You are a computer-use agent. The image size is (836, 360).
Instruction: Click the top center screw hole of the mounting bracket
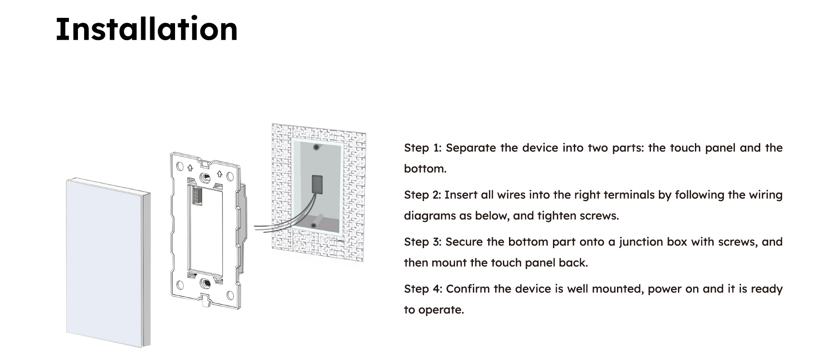pyautogui.click(x=205, y=177)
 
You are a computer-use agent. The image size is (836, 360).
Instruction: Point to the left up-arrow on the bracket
pyautogui.click(x=190, y=168)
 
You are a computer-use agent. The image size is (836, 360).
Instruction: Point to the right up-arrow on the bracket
pyautogui.click(x=219, y=174)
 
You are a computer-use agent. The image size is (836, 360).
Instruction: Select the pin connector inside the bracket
pyautogui.click(x=195, y=197)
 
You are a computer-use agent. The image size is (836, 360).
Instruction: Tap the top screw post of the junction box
pyautogui.click(x=317, y=148)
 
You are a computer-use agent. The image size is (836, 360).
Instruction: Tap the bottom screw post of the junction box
pyautogui.click(x=313, y=225)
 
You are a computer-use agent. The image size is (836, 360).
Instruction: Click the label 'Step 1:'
pyautogui.click(x=423, y=148)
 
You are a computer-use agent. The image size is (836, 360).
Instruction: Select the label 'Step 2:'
pyautogui.click(x=423, y=195)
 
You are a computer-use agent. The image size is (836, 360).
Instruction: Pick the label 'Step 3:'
pyautogui.click(x=423, y=242)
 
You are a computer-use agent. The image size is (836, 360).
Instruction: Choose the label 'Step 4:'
pyautogui.click(x=423, y=289)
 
